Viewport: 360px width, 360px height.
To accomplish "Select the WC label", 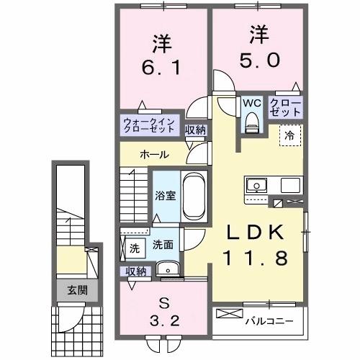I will (251, 104).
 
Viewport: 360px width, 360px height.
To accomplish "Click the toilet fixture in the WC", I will (251, 124).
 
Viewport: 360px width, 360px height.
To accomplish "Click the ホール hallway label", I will (154, 154).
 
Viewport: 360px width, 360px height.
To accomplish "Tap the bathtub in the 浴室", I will (192, 195).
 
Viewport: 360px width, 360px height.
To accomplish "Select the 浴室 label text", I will (166, 195).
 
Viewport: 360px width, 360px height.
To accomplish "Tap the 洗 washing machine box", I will (134, 248).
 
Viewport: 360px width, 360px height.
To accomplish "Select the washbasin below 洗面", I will (169, 269).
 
